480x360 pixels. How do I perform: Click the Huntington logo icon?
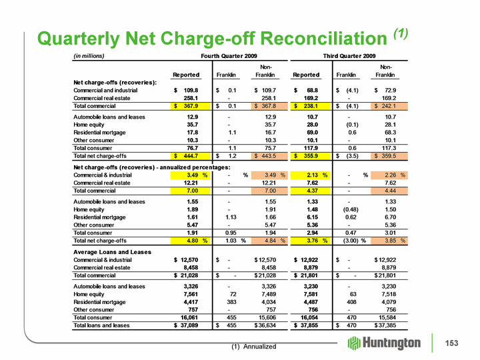coord(354,343)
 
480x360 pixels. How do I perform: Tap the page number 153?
coord(452,343)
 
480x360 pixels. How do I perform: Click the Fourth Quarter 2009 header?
coord(229,56)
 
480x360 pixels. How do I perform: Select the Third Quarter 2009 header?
coord(349,56)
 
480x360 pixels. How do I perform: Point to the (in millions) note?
coord(89,56)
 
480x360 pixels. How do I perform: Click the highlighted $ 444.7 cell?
coord(191,156)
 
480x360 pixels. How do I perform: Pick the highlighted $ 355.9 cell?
coord(311,156)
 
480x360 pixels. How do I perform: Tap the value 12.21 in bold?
coord(192,183)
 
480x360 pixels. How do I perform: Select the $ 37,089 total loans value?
coord(186,325)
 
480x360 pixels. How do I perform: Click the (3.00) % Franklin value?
coord(355,241)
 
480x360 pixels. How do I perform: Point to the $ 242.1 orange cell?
coord(389,106)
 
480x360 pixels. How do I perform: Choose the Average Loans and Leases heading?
coord(113,252)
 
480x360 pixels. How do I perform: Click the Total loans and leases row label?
coord(101,325)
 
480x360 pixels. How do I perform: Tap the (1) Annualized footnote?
coord(254,347)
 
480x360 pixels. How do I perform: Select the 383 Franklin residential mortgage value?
coord(231,302)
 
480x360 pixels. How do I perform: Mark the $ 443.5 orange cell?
coord(269,156)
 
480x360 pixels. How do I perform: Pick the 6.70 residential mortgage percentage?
coord(390,217)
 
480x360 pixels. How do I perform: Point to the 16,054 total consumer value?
coord(309,318)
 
